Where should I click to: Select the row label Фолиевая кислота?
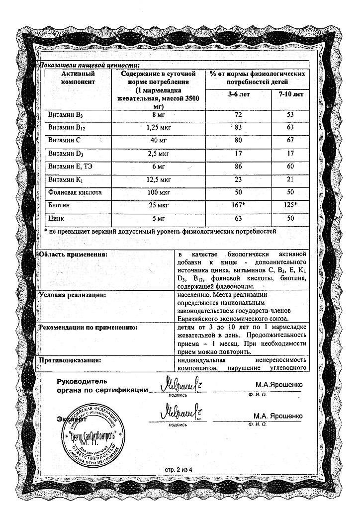[x=69, y=192]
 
